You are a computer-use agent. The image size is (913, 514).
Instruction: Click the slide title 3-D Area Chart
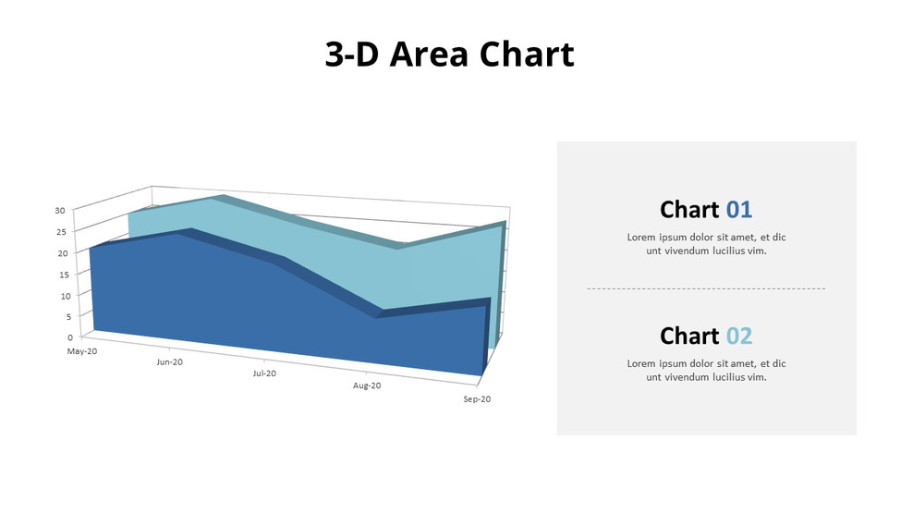(x=449, y=55)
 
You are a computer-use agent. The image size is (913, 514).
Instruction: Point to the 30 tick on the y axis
(x=60, y=211)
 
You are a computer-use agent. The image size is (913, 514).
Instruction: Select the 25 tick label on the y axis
(x=60, y=232)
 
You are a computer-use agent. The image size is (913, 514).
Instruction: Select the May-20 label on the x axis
(x=82, y=352)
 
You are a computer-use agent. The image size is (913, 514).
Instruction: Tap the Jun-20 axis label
(x=170, y=362)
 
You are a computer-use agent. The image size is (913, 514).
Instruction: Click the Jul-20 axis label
(x=264, y=373)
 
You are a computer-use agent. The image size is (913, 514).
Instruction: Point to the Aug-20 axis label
(x=367, y=385)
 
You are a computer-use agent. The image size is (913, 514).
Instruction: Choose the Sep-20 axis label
(x=477, y=399)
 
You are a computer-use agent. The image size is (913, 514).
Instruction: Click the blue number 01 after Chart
(x=739, y=209)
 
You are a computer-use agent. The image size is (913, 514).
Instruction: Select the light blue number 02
(x=739, y=336)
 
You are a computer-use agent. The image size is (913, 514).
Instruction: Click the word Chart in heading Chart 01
(x=689, y=209)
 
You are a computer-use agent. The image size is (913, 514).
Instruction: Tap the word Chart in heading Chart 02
(x=689, y=336)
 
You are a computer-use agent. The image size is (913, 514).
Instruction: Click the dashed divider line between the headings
(x=706, y=289)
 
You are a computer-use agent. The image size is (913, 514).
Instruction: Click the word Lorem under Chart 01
(x=643, y=238)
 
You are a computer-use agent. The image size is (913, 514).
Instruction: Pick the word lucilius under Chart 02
(x=725, y=377)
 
